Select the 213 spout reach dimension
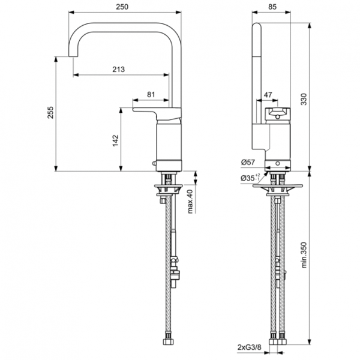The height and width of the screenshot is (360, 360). (118, 69)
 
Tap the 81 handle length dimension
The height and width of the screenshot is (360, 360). (150, 94)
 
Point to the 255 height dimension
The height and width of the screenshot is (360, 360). (51, 112)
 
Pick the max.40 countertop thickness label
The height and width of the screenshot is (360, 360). (190, 201)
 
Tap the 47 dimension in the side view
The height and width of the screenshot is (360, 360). (268, 95)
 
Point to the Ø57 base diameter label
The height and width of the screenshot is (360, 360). (248, 163)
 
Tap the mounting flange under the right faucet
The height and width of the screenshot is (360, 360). (277, 185)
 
